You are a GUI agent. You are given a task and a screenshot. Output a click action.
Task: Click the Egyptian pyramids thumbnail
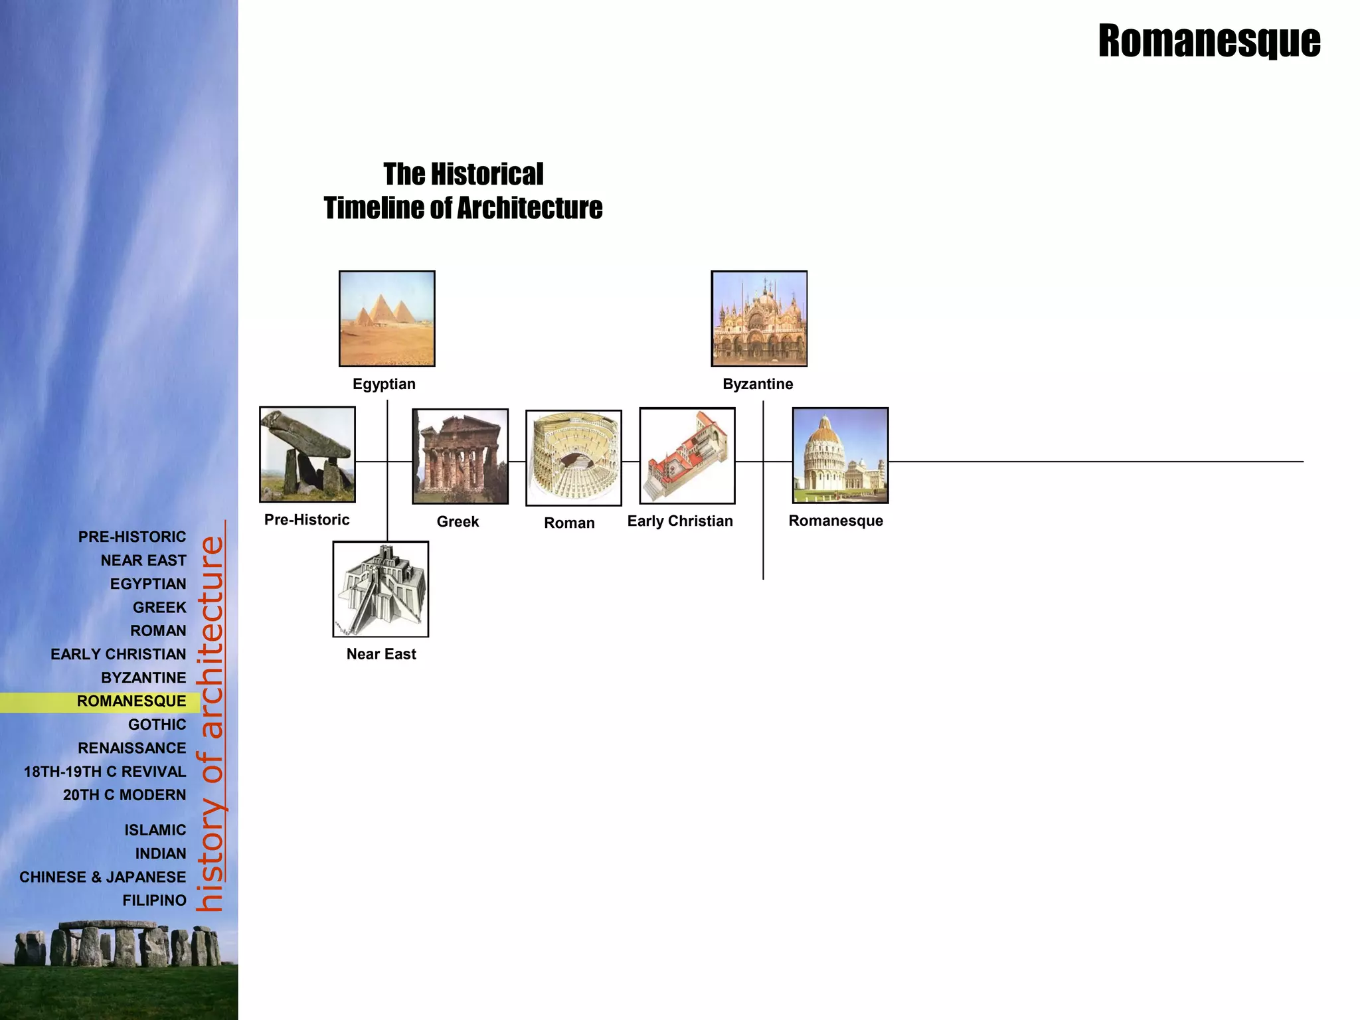click(x=386, y=319)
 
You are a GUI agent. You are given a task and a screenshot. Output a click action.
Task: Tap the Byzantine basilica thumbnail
click(x=759, y=319)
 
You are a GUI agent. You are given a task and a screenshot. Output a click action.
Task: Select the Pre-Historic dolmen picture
click(x=307, y=454)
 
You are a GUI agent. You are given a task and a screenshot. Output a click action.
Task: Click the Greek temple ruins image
click(x=460, y=456)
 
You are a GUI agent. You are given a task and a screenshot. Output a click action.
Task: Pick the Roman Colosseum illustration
click(x=574, y=458)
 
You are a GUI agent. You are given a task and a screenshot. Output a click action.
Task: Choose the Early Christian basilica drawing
click(x=687, y=456)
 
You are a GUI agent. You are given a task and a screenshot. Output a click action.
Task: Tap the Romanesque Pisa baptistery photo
click(x=840, y=456)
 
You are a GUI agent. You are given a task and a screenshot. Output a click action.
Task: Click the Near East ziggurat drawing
click(x=381, y=589)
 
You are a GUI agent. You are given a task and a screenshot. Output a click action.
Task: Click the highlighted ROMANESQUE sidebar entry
click(x=131, y=701)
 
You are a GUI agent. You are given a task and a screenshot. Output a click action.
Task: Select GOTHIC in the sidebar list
click(x=157, y=724)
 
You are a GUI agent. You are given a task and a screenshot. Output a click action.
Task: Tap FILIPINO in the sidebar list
click(x=154, y=900)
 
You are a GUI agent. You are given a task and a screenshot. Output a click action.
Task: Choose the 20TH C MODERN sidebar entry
click(x=125, y=795)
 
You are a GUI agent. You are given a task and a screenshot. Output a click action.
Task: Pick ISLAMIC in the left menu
click(x=155, y=830)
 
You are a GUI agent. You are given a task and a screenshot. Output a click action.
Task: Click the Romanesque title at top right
click(x=1209, y=41)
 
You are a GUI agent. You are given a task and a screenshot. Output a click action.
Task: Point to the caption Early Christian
click(x=680, y=521)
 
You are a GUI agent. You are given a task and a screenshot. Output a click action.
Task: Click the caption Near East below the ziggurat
click(x=381, y=654)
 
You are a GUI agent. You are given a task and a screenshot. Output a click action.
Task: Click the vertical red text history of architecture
click(x=212, y=724)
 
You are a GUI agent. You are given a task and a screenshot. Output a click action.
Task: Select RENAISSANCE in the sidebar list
click(x=132, y=748)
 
